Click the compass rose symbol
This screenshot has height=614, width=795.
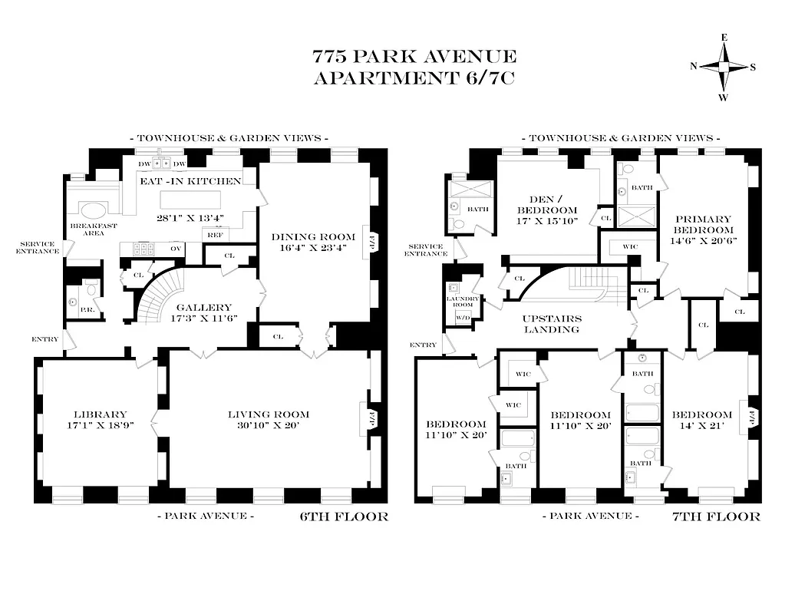[723, 67]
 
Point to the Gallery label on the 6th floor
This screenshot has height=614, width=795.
[200, 308]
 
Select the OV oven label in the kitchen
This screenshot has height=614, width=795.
[176, 249]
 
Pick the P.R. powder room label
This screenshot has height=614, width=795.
[87, 309]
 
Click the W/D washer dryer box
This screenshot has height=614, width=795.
[463, 316]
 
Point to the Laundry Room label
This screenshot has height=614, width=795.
[463, 302]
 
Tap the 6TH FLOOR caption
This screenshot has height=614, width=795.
[343, 517]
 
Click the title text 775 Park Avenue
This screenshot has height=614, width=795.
[414, 57]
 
